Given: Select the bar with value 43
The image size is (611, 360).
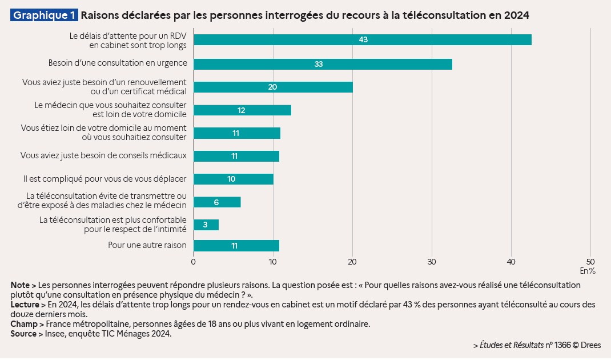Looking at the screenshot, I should (363, 39).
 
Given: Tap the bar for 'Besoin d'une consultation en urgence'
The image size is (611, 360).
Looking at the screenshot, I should (323, 64).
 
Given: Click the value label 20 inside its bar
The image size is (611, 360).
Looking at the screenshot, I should (272, 87).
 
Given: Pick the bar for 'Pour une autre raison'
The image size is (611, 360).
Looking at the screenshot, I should (236, 246).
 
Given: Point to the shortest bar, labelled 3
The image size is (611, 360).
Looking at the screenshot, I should (206, 225).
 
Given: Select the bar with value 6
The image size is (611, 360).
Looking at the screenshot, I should (217, 202).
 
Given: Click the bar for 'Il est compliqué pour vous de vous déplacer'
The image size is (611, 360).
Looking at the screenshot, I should (234, 179).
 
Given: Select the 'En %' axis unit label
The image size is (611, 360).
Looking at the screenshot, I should (588, 270).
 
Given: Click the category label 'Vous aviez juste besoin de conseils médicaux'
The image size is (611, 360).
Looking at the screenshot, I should (103, 155).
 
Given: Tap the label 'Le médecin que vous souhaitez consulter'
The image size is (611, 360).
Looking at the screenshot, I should (110, 105).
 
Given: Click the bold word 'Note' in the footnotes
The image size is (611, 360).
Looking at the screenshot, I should (19, 285).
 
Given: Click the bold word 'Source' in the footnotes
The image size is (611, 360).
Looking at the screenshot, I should (23, 334).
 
